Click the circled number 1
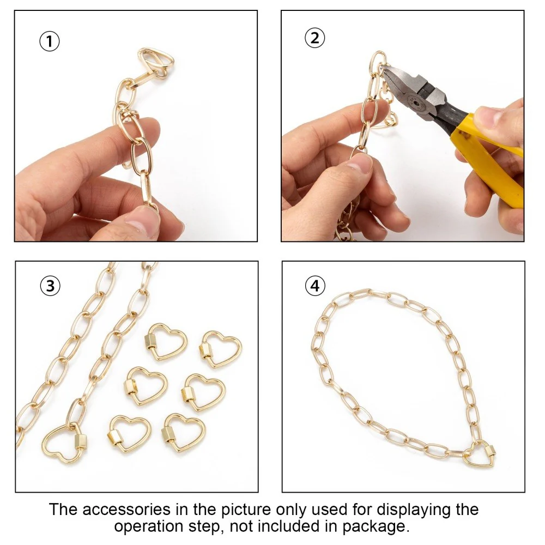(x=50, y=41)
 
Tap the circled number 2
(x=315, y=38)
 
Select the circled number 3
(x=50, y=286)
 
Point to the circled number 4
(x=315, y=286)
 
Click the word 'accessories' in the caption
(x=126, y=510)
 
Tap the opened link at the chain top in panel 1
(x=156, y=62)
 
